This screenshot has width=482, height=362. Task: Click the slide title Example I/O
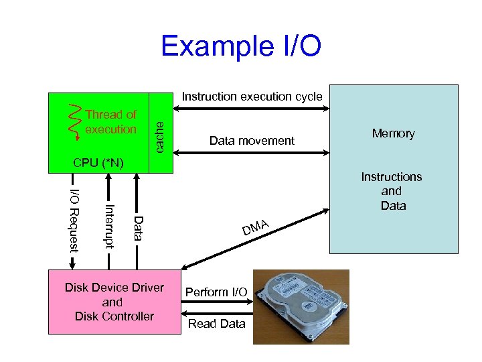point(241,47)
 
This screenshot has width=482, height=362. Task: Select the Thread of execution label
point(110,122)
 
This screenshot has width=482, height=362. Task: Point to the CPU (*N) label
point(98,163)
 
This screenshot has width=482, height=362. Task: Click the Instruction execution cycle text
point(252,97)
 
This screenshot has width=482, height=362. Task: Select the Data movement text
point(252,141)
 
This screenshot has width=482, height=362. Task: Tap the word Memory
point(393,133)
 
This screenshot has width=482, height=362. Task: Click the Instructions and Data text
point(392,191)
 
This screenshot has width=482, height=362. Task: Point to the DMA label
point(256,227)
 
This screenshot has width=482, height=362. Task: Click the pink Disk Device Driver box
point(114,302)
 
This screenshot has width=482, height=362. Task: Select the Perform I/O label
point(216,292)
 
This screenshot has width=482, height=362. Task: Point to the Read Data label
point(216,324)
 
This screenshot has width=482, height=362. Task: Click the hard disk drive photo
point(301,307)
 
